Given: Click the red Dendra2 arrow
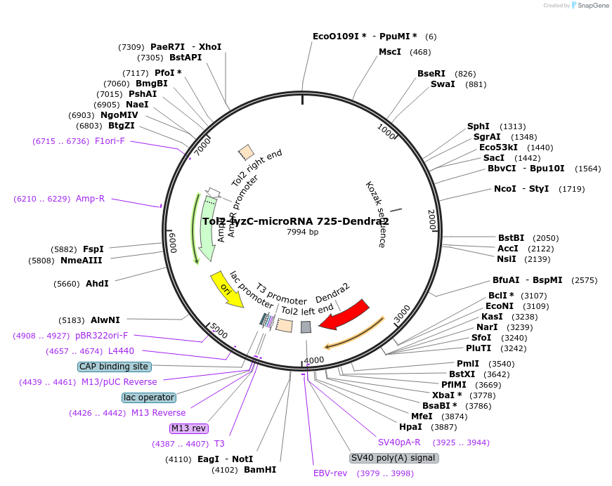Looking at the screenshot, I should pyautogui.click(x=344, y=314).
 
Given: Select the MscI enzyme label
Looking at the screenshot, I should pyautogui.click(x=390, y=52).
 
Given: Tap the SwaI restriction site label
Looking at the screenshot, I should pyautogui.click(x=443, y=84).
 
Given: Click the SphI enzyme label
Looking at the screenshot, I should pyautogui.click(x=478, y=126).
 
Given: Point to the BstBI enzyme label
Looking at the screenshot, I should pyautogui.click(x=512, y=238).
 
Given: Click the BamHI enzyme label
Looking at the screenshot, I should pyautogui.click(x=260, y=470).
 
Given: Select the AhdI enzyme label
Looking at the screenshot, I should pyautogui.click(x=97, y=284).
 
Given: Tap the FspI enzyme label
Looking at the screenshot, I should pyautogui.click(x=93, y=249).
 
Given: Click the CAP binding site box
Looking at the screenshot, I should pyautogui.click(x=114, y=367).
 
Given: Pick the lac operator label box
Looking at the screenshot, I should pyautogui.click(x=148, y=398).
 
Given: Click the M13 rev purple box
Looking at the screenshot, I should pyautogui.click(x=189, y=428).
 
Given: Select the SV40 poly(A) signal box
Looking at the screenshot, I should pyautogui.click(x=393, y=458).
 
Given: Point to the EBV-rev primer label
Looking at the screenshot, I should pyautogui.click(x=330, y=473).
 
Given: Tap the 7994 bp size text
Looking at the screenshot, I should pyautogui.click(x=302, y=232).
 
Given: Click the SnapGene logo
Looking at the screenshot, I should pyautogui.click(x=591, y=5).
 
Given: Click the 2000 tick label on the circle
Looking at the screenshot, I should pyautogui.click(x=431, y=219).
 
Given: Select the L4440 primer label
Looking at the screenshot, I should pyautogui.click(x=121, y=351).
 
